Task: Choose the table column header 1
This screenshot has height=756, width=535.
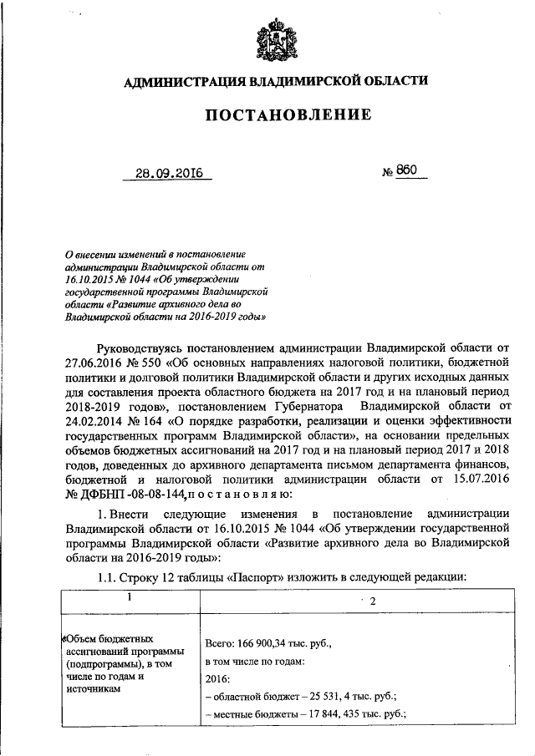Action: (x=130, y=597)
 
